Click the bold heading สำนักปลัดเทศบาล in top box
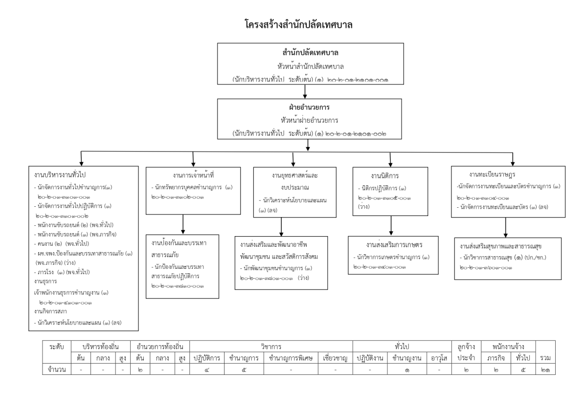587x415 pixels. tap(304, 52)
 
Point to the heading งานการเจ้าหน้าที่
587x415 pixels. tap(194, 175)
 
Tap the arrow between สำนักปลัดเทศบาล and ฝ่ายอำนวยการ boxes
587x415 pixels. tap(305, 90)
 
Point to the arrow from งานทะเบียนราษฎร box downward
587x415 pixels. tap(506, 227)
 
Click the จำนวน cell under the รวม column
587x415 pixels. tap(546, 370)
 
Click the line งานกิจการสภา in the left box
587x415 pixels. tap(51, 311)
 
